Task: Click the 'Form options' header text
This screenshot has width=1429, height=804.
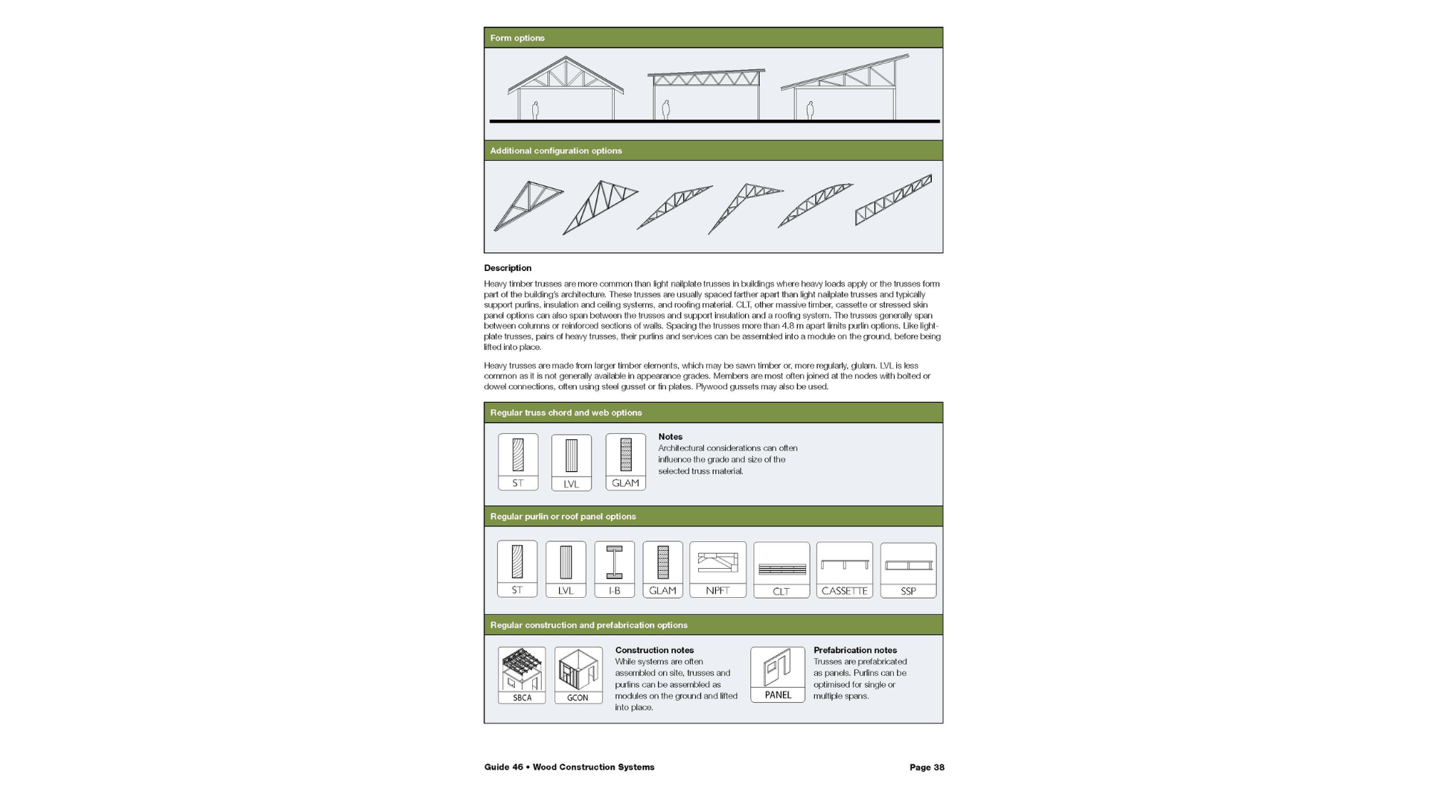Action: pyautogui.click(x=517, y=38)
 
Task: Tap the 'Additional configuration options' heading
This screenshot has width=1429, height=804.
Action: pyautogui.click(x=556, y=150)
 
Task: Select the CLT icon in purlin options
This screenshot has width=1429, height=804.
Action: pyautogui.click(x=781, y=570)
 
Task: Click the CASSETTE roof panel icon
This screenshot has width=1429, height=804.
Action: pyautogui.click(x=845, y=570)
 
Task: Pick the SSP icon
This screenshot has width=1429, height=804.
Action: pyautogui.click(x=908, y=570)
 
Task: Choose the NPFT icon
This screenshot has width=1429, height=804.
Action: pyautogui.click(x=717, y=569)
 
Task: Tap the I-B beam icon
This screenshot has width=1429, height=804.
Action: pyautogui.click(x=614, y=569)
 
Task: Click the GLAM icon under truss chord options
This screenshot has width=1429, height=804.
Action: pyautogui.click(x=625, y=462)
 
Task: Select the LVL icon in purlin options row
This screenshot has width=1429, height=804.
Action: pyautogui.click(x=566, y=569)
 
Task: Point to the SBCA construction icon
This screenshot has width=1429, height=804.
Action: pyautogui.click(x=522, y=675)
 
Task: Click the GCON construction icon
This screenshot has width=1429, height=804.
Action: pyautogui.click(x=578, y=675)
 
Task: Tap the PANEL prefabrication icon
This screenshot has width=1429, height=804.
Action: pyautogui.click(x=778, y=674)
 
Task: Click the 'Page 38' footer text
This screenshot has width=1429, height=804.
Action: pyautogui.click(x=927, y=768)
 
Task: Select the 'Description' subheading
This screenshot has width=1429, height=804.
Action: pyautogui.click(x=508, y=268)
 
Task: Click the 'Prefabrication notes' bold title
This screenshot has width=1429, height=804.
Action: pyautogui.click(x=855, y=650)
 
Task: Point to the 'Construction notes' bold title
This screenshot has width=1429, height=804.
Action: pyautogui.click(x=654, y=650)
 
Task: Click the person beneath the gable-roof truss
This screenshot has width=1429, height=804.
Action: pyautogui.click(x=535, y=110)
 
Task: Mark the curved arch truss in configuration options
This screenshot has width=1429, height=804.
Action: pyautogui.click(x=815, y=205)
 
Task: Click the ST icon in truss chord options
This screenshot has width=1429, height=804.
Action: pyautogui.click(x=518, y=462)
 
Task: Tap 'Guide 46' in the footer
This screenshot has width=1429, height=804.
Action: pyautogui.click(x=504, y=768)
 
